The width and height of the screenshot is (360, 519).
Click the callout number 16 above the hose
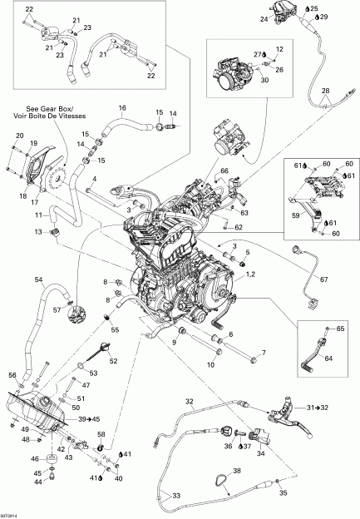coord(121,108)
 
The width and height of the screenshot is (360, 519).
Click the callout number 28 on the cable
coord(325,90)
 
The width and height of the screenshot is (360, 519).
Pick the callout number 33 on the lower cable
coord(175,496)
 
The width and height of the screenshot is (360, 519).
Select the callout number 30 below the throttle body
coord(264,81)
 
